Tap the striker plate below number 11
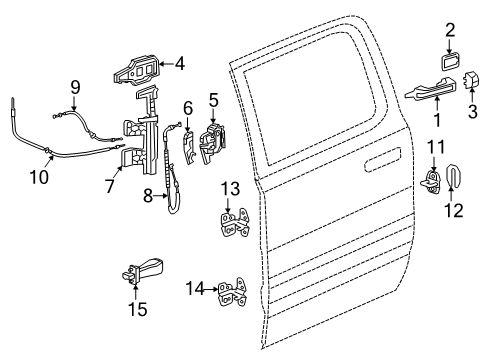coord(434,185)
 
